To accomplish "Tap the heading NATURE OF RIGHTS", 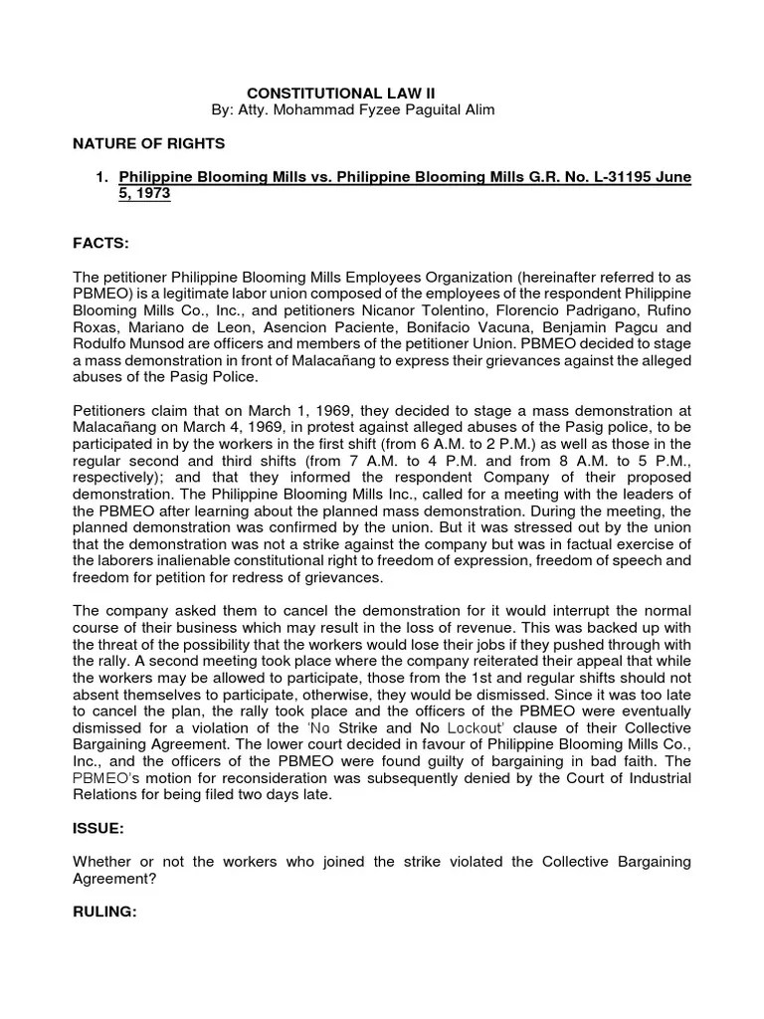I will click(149, 143).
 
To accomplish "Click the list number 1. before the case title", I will click(100, 177).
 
